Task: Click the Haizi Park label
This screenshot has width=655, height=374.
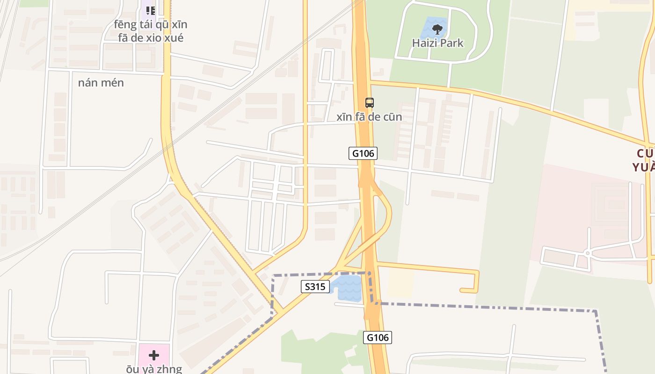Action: coord(437,43)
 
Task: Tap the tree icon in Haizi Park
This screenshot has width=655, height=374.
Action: coord(437,29)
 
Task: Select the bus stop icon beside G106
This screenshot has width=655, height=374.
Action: coord(369,102)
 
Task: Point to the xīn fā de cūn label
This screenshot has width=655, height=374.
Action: coord(369,117)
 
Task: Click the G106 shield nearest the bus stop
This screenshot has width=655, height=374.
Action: coord(363,153)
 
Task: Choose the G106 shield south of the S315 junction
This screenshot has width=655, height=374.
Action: coord(378,337)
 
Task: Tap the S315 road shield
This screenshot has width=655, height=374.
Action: coord(315,287)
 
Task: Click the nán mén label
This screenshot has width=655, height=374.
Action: coord(101,83)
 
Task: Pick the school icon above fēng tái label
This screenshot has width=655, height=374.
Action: coord(150,10)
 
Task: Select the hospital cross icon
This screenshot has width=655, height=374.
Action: coord(153,355)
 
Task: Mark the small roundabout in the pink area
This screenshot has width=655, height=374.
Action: coord(587,253)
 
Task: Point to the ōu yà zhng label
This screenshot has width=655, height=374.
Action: coord(153,369)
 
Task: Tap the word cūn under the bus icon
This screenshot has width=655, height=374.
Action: coord(392,117)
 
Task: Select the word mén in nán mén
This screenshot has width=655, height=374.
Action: coord(114,83)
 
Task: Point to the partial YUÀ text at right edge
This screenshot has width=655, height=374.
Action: coord(643,167)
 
